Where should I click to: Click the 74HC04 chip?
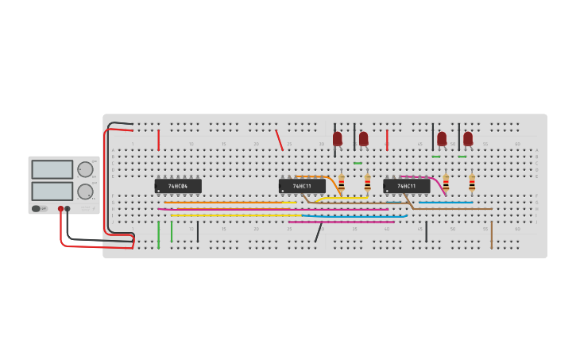pos(178,186)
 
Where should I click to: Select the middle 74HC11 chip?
pos(302,186)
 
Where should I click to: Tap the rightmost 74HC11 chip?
pos(406,186)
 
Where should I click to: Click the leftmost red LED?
pos(338,138)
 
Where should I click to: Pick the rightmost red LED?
pos(468,138)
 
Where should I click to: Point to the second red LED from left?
pos(364,138)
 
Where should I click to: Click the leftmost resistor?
pos(342,184)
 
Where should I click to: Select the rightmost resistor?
pos(472,184)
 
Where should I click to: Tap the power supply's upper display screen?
pos(52,169)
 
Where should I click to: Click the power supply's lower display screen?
pos(52,191)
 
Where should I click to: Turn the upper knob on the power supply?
pos(85,169)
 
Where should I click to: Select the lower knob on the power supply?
pos(85,191)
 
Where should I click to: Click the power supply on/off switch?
pos(36,208)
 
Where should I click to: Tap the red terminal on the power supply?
pos(60,209)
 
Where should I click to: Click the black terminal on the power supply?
pos(68,209)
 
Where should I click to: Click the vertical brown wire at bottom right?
pos(491,234)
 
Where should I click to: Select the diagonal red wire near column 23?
pos(279,140)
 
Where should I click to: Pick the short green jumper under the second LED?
pos(358,163)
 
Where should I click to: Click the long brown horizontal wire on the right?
pos(453,209)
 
